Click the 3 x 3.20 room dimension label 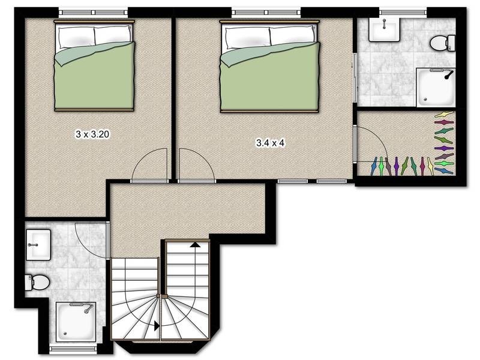coord(92,134)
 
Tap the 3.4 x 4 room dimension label coord(271,143)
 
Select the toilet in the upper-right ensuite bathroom coord(443,43)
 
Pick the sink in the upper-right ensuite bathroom coord(384,29)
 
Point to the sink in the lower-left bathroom coord(38,245)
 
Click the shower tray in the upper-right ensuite coord(436,88)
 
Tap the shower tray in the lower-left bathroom coord(76,322)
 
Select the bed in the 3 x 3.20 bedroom coord(94,65)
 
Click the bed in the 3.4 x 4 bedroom coord(269,66)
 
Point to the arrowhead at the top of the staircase coord(194,244)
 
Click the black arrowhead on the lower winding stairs coord(157,326)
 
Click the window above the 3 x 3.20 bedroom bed coord(93,13)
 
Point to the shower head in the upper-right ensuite coord(449,74)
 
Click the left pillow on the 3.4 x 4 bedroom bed coord(247,37)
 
